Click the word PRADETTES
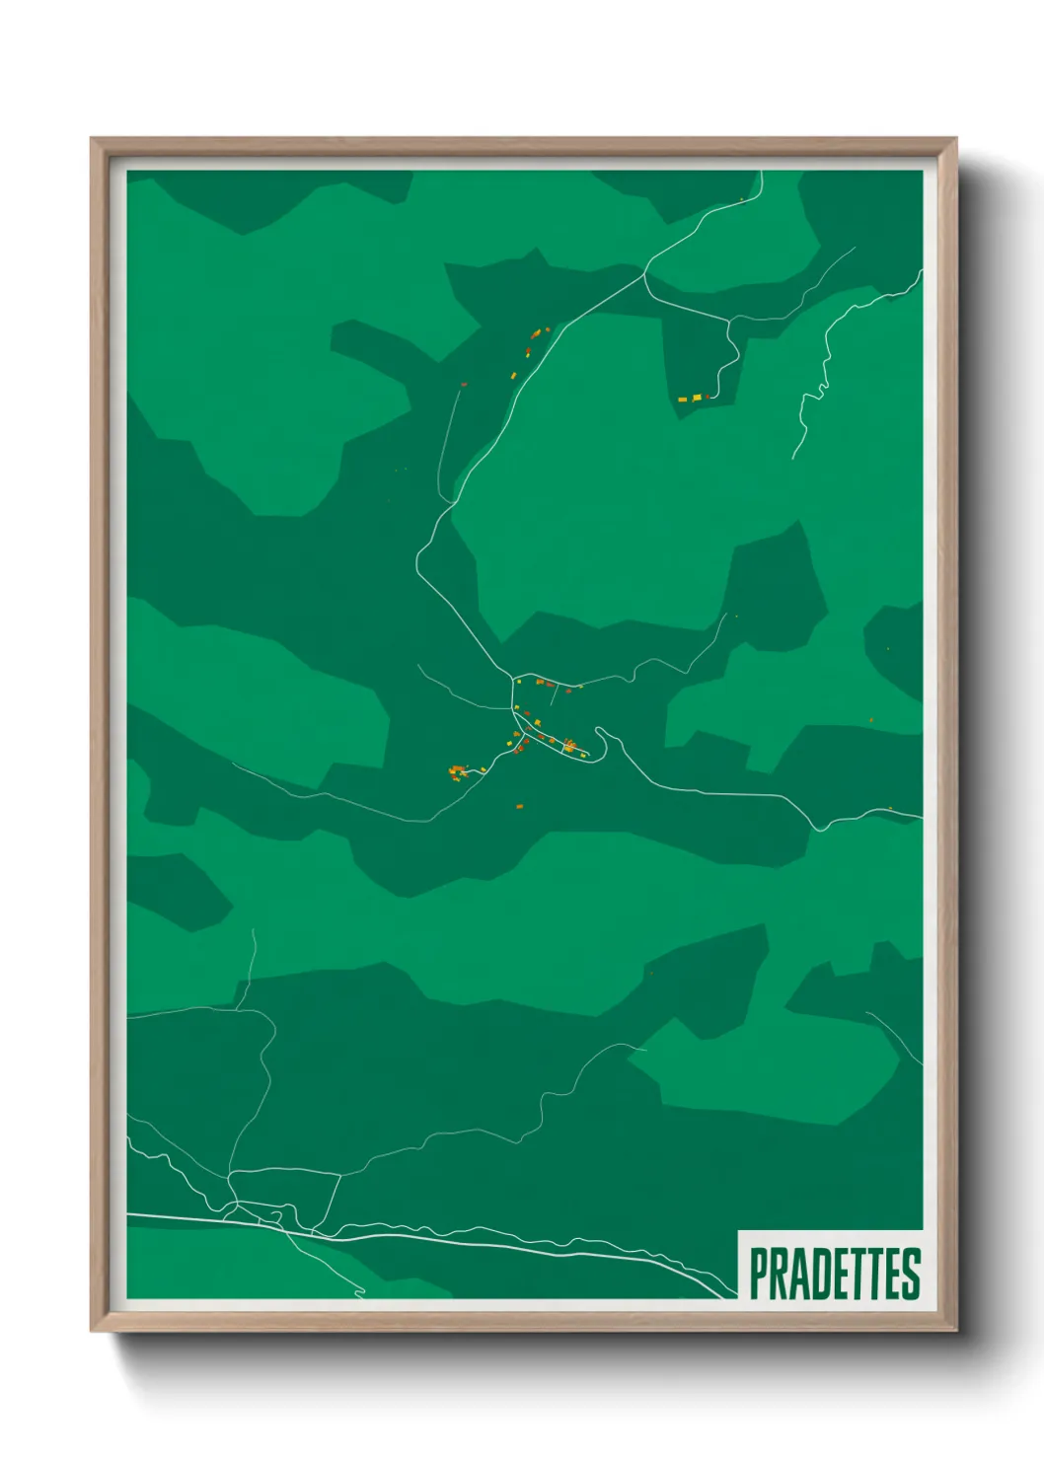[835, 1274]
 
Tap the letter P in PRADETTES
[759, 1274]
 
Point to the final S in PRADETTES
[912, 1274]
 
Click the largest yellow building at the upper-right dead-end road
[697, 398]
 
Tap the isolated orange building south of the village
[519, 806]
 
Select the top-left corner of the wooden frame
[93, 140]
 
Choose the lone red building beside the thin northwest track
[464, 384]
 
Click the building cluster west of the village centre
[458, 770]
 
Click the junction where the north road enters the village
[513, 679]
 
